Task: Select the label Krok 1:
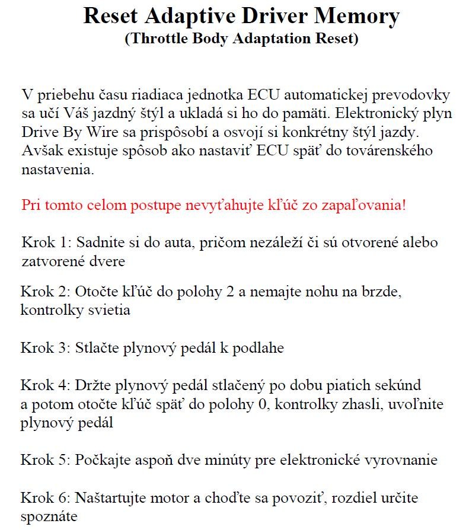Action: [x=46, y=242]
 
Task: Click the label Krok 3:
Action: [x=46, y=347]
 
